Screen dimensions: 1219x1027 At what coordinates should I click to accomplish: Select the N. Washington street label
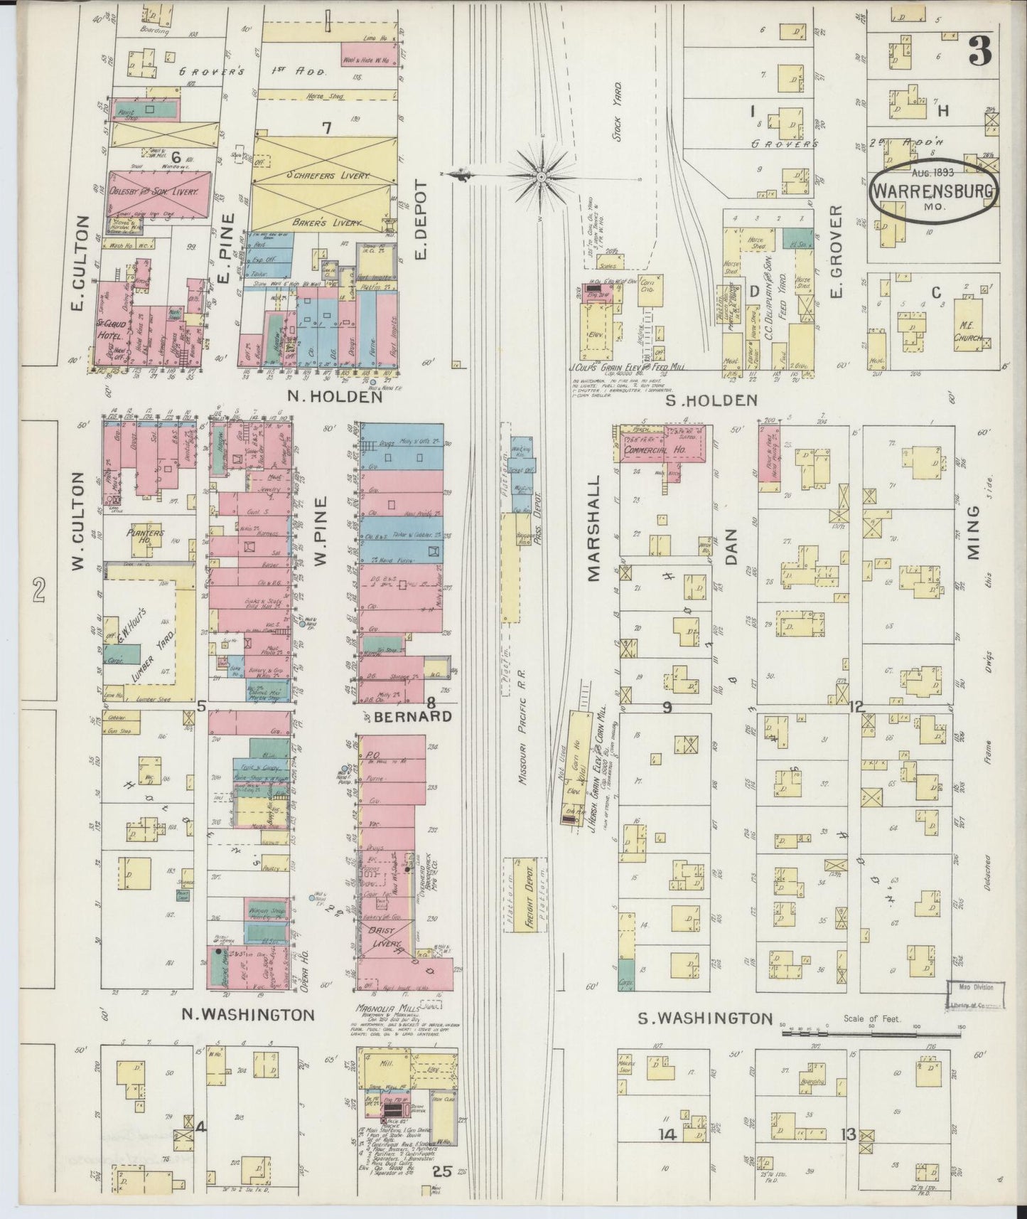(x=247, y=1013)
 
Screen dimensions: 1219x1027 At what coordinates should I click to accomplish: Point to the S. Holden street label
(x=711, y=401)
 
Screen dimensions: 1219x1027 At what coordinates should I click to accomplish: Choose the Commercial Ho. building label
(x=655, y=451)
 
